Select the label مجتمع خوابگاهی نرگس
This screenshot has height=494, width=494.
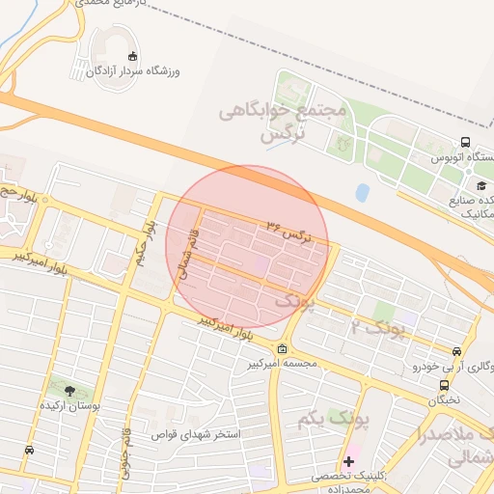click(x=295, y=123)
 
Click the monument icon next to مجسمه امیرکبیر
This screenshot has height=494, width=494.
click(x=281, y=349)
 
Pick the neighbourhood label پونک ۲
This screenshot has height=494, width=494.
click(x=380, y=329)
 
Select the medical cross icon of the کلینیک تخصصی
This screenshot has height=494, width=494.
click(x=348, y=461)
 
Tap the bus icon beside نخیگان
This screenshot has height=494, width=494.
click(x=443, y=385)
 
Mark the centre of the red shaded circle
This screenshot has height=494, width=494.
click(x=247, y=247)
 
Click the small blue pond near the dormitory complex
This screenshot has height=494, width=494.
click(x=362, y=193)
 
